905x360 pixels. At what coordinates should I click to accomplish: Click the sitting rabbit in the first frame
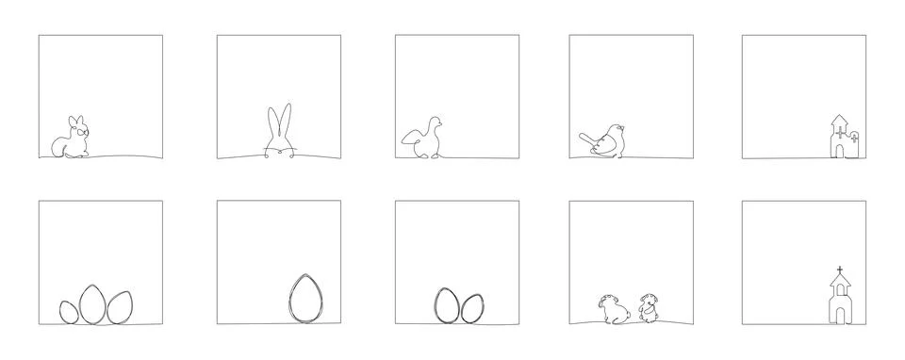pos(70,139)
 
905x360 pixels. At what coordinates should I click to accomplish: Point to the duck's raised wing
pos(411,138)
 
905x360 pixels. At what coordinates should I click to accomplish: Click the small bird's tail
pos(585,139)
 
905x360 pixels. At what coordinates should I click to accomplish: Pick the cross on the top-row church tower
pos(854,138)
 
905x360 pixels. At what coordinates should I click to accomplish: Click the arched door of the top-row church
pos(839,148)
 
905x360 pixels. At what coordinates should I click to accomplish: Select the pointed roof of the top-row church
pos(838,119)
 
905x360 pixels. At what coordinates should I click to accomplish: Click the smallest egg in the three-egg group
pos(69,312)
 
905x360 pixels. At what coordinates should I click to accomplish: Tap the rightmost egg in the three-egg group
pos(119,307)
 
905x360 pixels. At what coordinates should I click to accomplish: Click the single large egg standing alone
pos(303,298)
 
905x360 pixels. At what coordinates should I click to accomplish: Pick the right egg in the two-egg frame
pos(471,307)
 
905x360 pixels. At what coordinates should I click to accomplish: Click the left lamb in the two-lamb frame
pos(609,308)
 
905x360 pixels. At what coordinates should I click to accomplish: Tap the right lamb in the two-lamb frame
pos(649,308)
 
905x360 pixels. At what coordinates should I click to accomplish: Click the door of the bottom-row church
pos(838,312)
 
